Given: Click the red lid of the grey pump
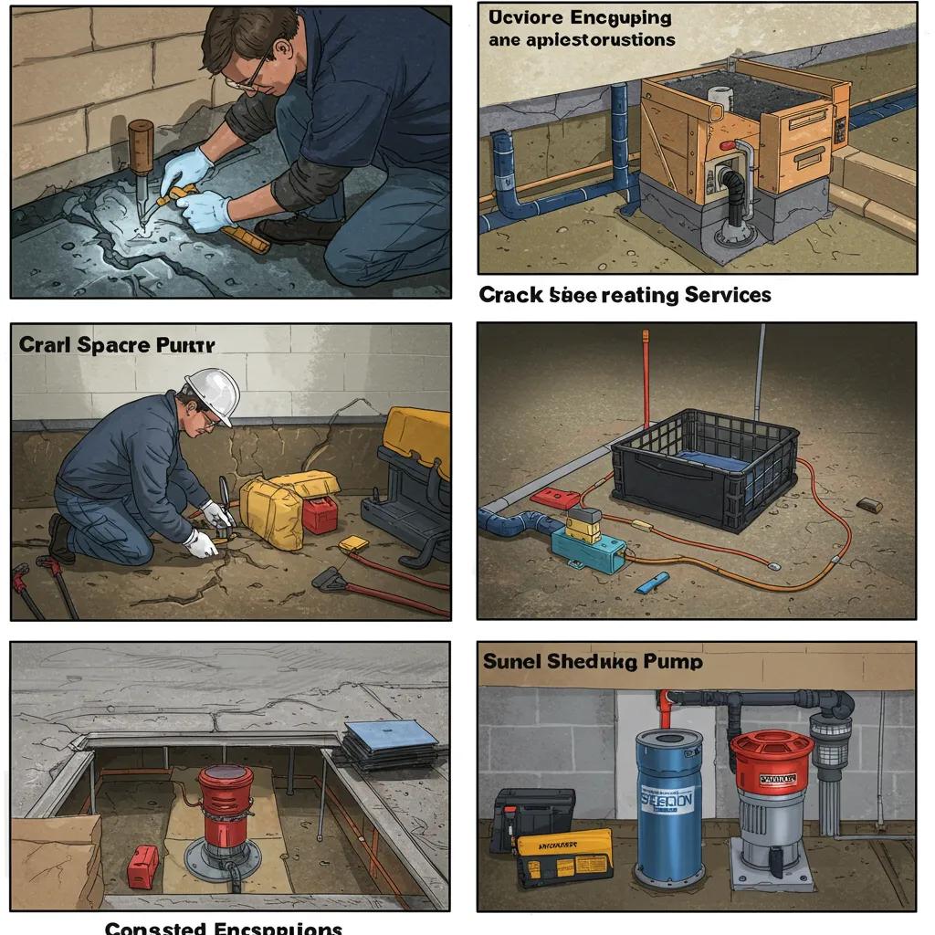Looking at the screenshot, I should tap(771, 750).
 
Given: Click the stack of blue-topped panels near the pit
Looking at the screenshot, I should tap(391, 743).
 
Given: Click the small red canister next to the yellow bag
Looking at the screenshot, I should tap(320, 514).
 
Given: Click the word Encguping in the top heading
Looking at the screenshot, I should tap(620, 18).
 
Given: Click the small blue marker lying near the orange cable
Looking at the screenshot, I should tap(653, 582).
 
